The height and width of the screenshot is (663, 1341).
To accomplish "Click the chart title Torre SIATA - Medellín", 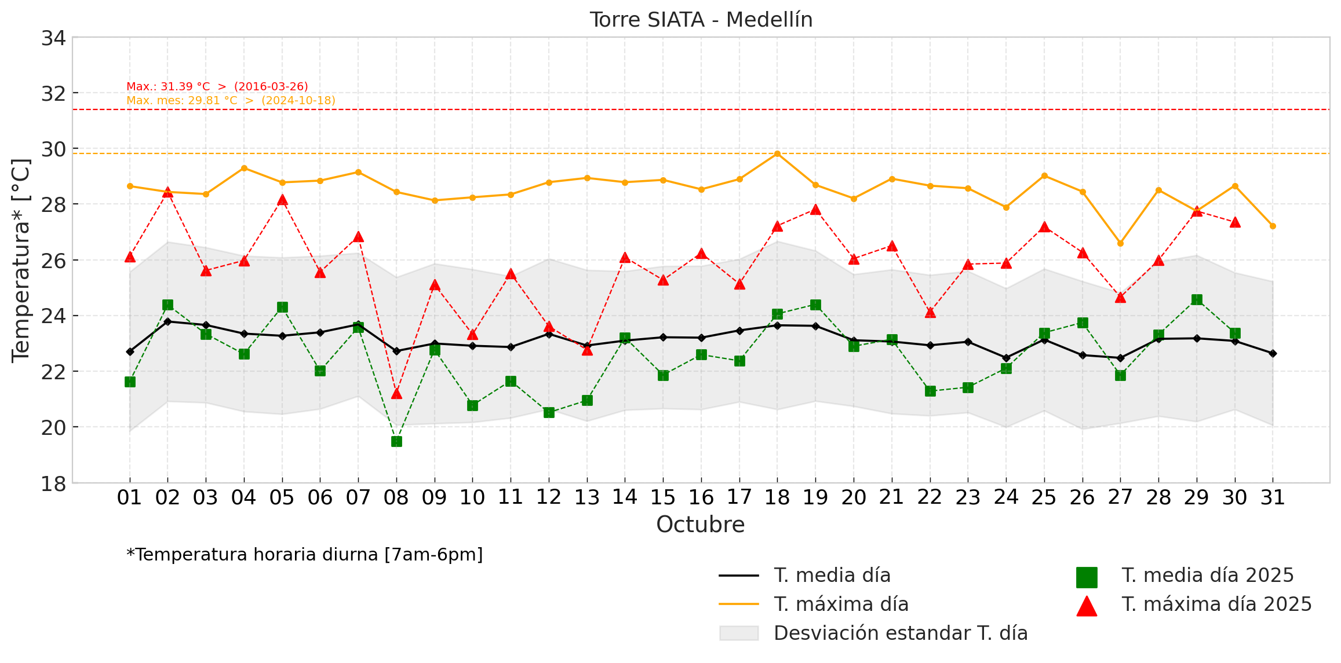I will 701,20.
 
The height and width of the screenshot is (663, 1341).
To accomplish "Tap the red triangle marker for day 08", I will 396,394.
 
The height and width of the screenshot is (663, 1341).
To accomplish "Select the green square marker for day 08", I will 396,442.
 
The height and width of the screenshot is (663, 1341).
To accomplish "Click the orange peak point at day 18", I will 777,153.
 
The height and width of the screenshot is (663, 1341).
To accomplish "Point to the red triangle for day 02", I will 167,192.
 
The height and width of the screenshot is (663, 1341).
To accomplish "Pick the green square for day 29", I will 1197,299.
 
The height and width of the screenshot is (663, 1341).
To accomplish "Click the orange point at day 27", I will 1120,243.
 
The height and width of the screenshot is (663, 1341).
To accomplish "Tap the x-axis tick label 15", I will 663,497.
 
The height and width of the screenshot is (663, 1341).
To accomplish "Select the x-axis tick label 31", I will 1273,497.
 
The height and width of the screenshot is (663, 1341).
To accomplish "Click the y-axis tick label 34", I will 53,39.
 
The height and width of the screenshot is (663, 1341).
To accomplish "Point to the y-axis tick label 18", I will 53,483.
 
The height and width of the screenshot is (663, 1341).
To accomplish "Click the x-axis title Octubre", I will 700,525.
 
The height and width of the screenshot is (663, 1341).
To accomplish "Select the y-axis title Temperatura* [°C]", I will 21,261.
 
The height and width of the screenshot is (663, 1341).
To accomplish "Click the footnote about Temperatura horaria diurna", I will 304,555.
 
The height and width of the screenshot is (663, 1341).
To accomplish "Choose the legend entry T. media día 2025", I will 1207,576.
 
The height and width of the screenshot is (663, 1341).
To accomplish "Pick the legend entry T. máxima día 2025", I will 1216,605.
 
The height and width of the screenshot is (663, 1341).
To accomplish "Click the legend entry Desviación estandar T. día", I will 900,633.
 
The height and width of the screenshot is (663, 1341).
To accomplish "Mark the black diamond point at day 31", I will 1273,353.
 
